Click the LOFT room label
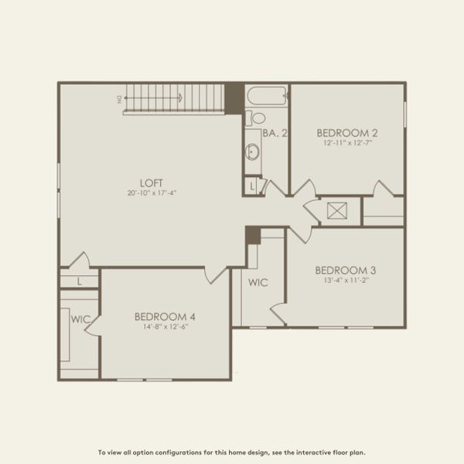click(x=151, y=183)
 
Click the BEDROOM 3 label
click(x=345, y=270)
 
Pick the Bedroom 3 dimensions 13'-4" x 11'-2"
click(x=345, y=280)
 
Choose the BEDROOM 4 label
click(x=165, y=316)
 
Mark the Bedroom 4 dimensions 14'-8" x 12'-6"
click(x=165, y=326)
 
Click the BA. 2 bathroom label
click(x=275, y=133)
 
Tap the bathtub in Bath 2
click(x=267, y=97)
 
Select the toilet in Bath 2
click(x=256, y=118)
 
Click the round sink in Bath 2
click(x=252, y=152)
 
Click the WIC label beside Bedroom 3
click(x=258, y=283)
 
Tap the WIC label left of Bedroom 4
click(x=80, y=319)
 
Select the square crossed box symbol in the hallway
click(x=337, y=210)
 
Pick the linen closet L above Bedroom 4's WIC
click(x=79, y=281)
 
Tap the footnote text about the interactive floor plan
click(x=232, y=452)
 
